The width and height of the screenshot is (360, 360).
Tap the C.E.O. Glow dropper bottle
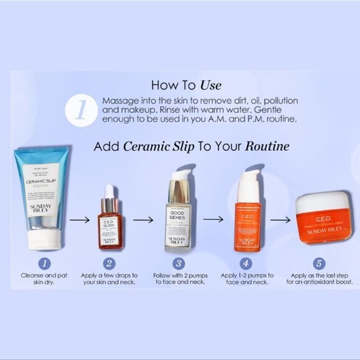coord(110,220)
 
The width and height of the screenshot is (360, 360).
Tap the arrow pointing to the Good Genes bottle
coord(143,219)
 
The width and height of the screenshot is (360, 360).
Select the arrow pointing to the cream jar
coord(280,219)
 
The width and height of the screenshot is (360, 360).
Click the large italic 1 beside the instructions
coord(81,109)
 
